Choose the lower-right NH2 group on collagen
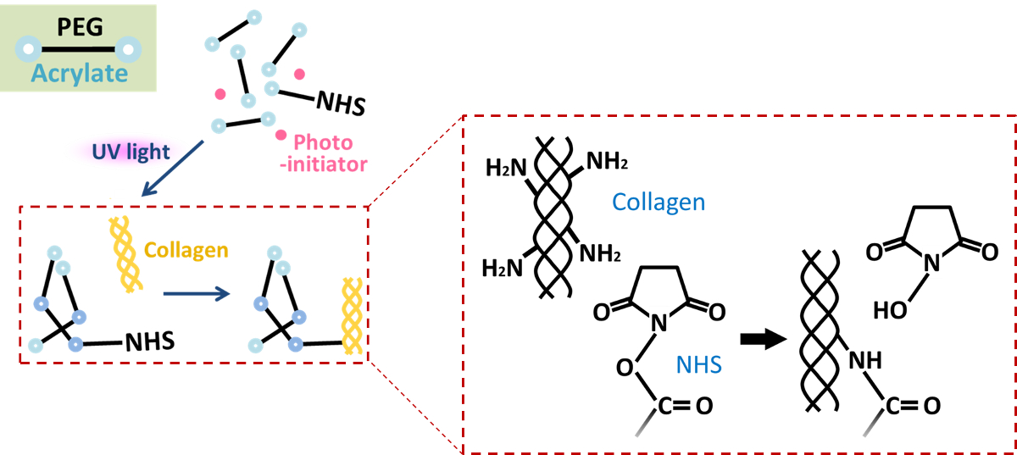coord(601,252)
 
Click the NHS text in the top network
coord(340,105)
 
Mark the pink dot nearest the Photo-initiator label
coord(281,136)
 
